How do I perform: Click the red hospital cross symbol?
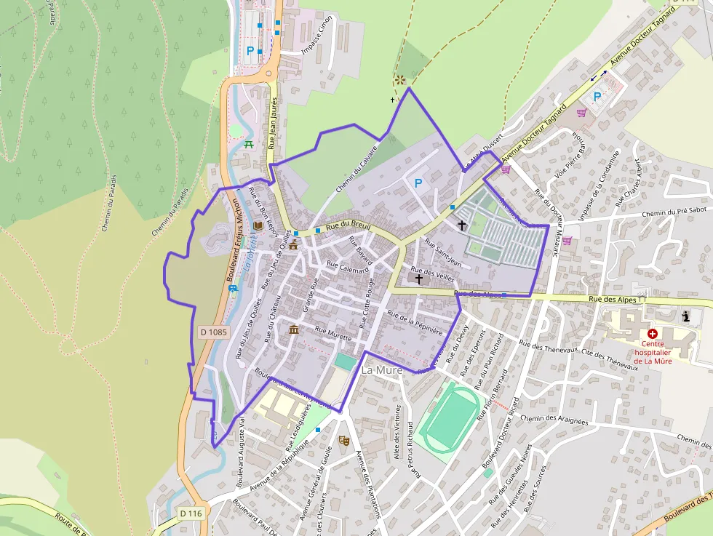tap(652, 333)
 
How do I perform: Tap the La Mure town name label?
tap(381, 370)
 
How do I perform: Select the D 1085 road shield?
tap(213, 332)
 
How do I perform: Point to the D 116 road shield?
tap(190, 513)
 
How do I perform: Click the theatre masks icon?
tap(343, 440)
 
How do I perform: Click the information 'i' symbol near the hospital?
tap(686, 316)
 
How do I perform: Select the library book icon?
tap(258, 227)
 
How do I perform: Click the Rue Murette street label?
tap(332, 334)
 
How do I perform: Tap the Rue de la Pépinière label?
tap(415, 322)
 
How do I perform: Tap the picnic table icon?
tap(250, 144)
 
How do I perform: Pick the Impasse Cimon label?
tap(317, 35)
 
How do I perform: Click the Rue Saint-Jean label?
tap(443, 252)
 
